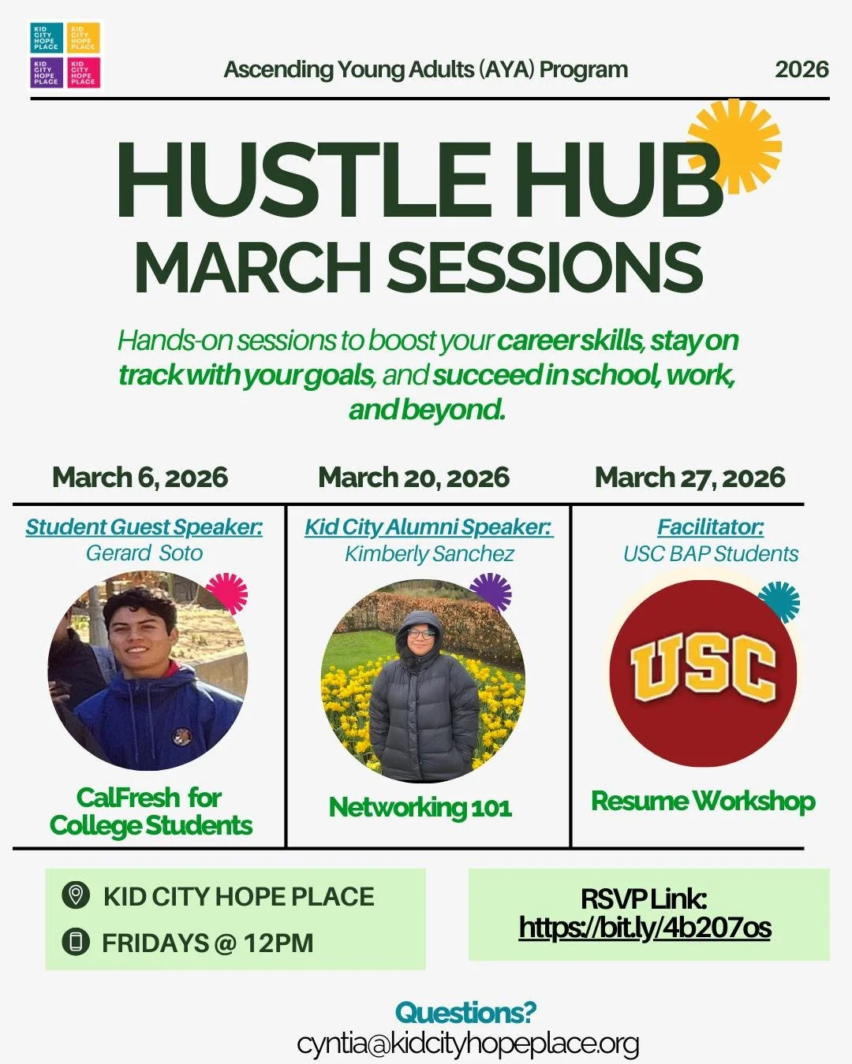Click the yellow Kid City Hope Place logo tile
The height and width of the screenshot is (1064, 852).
(x=84, y=37)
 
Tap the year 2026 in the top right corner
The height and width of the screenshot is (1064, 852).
(x=802, y=69)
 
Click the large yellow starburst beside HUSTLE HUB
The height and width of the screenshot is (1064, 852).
(x=734, y=145)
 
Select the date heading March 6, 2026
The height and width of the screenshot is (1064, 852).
(x=140, y=478)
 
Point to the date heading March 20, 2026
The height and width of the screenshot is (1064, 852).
(x=413, y=478)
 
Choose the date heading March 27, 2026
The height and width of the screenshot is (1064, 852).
(x=689, y=478)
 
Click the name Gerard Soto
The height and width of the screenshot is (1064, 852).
(x=144, y=553)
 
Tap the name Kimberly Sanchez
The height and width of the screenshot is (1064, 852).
(x=429, y=554)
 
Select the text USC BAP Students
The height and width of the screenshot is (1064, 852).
(x=710, y=554)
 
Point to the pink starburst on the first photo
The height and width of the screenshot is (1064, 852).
(x=227, y=593)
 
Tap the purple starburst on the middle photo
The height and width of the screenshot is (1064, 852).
(x=491, y=593)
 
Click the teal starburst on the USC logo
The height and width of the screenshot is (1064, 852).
(x=779, y=601)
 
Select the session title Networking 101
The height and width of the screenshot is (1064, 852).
(x=420, y=807)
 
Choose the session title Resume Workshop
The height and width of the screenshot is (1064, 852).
(x=703, y=802)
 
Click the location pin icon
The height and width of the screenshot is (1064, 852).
(x=75, y=895)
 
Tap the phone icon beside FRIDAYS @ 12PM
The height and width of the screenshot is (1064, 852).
(x=75, y=942)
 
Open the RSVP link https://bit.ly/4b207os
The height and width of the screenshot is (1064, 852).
(x=645, y=928)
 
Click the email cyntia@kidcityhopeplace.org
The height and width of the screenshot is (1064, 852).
(x=468, y=1044)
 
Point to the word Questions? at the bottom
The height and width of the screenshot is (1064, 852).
(x=465, y=1012)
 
